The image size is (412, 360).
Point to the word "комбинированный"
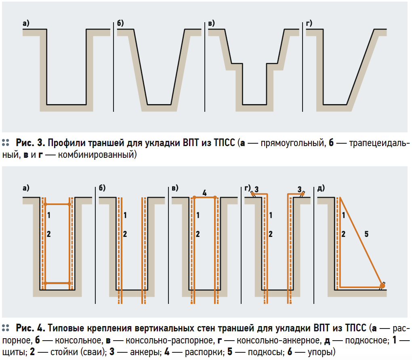click(95, 155)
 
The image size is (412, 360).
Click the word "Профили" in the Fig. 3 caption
click(65, 142)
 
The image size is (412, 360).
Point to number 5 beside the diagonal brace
click(366, 233)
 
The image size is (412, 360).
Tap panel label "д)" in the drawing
click(322, 188)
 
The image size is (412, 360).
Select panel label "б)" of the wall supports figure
click(102, 188)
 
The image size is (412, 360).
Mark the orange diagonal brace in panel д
click(361, 241)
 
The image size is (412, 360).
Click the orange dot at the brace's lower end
click(382, 287)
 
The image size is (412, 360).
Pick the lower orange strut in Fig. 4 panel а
click(57, 283)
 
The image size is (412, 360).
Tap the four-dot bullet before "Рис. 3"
click(6, 142)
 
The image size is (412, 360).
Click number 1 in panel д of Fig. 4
click(343, 215)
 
